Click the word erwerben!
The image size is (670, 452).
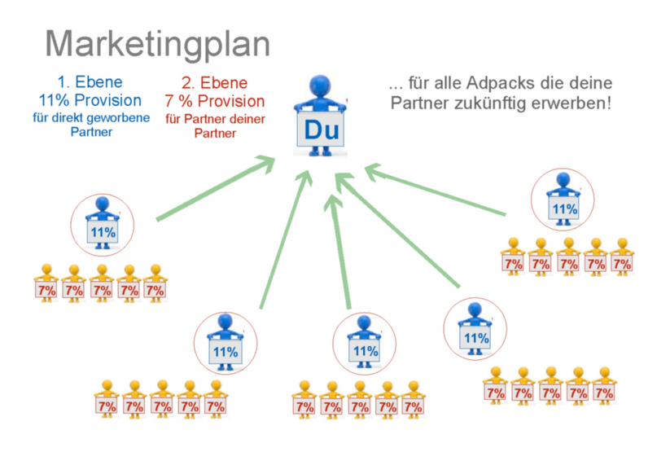[582, 104]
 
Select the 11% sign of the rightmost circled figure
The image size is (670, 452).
[564, 209]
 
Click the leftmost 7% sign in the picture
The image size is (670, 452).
[46, 290]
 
